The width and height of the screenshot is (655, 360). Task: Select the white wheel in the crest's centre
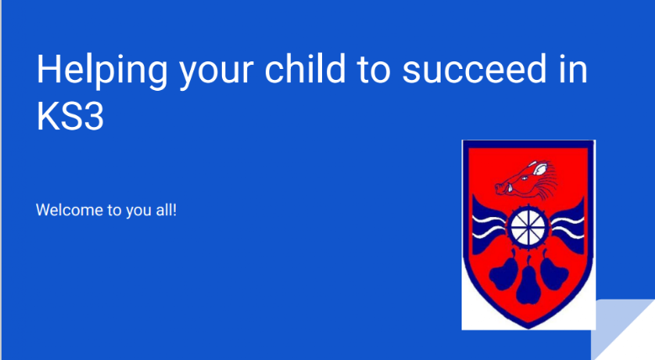pyautogui.click(x=528, y=225)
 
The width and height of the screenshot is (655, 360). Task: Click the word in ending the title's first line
pyautogui.click(x=573, y=70)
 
